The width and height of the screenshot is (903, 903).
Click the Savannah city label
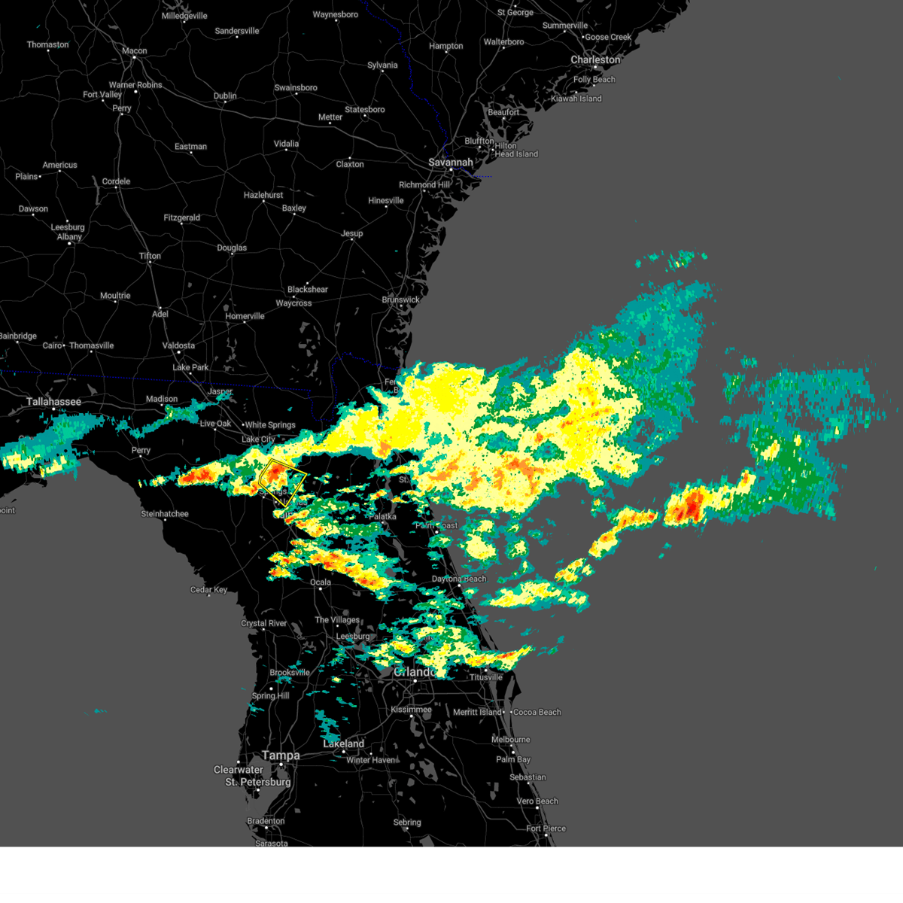click(451, 163)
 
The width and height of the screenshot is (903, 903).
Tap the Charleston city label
click(595, 60)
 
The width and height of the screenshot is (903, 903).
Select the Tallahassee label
click(53, 402)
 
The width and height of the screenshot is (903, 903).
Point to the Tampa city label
click(281, 756)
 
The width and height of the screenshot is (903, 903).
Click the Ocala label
click(321, 582)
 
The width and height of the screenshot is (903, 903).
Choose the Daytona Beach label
click(459, 579)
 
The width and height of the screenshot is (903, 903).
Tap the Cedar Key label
click(208, 590)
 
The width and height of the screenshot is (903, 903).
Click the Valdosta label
click(178, 346)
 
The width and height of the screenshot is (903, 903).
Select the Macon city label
click(135, 51)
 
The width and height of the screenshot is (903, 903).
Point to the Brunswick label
click(400, 299)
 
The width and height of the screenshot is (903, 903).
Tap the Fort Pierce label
click(546, 829)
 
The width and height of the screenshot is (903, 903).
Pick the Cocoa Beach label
click(537, 712)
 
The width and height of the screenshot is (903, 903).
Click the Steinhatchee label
click(165, 514)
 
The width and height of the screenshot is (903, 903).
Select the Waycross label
click(293, 303)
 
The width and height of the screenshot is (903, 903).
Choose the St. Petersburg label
click(257, 783)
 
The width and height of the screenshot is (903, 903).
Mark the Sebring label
click(407, 822)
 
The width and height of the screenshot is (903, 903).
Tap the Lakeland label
click(344, 743)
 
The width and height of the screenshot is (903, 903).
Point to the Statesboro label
click(365, 110)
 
